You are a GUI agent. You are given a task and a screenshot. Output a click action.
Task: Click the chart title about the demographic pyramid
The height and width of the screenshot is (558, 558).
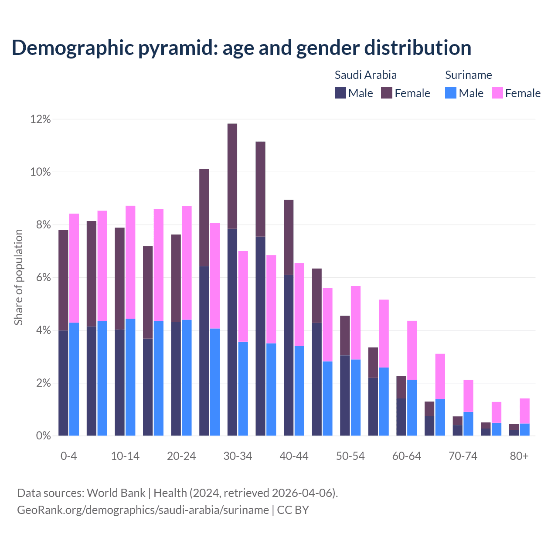[242, 48]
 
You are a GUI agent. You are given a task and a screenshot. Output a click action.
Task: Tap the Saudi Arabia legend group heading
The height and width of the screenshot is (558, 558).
[365, 75]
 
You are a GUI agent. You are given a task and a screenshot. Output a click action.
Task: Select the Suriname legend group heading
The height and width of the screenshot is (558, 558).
[468, 75]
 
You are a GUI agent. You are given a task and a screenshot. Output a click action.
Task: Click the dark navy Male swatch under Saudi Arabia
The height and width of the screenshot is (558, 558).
[340, 93]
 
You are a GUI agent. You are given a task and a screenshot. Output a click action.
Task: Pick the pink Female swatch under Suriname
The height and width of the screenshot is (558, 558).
[497, 93]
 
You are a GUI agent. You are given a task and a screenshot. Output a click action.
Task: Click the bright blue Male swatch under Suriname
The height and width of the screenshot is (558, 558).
[451, 93]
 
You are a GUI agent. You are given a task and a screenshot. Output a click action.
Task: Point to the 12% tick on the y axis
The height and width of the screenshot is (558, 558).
[41, 119]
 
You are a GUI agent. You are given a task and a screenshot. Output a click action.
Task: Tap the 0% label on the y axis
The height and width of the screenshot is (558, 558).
[43, 436]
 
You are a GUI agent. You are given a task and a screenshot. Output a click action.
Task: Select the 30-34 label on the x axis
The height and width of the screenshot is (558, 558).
[238, 456]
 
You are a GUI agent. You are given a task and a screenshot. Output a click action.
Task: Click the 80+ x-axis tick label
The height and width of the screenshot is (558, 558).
[519, 456]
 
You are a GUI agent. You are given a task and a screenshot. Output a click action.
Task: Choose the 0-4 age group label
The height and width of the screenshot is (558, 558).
[69, 456]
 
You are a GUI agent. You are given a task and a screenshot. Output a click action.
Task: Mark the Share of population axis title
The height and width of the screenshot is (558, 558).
[19, 277]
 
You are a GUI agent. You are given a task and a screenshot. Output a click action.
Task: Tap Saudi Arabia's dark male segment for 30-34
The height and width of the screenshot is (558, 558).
[232, 331]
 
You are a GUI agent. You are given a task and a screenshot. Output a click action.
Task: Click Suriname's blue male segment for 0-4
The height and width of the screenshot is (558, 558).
[74, 379]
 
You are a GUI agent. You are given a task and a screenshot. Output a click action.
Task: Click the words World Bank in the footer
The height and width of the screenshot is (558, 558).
[116, 493]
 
